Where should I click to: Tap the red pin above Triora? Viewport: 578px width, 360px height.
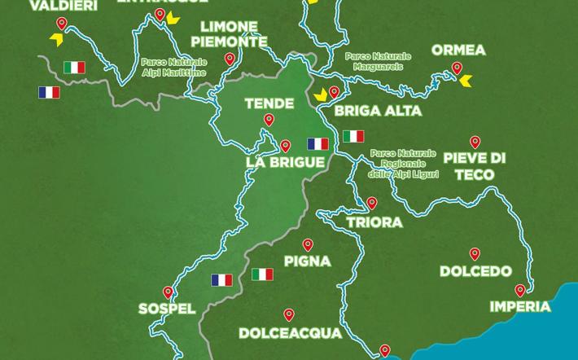[x=372, y=203]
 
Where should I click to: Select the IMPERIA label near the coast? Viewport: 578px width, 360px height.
[x=520, y=307]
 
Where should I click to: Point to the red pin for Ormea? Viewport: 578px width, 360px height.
[x=457, y=68]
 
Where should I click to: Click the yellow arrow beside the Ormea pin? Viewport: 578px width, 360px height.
[x=465, y=81]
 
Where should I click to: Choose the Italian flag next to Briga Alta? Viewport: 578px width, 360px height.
[x=352, y=135]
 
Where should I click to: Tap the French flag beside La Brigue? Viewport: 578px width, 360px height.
[x=317, y=144]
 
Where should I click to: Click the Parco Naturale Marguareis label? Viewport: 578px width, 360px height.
[x=378, y=61]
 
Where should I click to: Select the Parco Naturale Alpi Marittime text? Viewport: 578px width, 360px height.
[x=173, y=67]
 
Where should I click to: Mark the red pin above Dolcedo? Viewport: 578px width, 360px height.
[x=475, y=254]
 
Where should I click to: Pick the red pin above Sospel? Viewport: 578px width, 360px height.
[x=168, y=292]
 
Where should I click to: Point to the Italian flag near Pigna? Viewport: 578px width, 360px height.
[x=262, y=274]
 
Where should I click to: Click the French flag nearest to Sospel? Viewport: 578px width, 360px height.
[x=221, y=280]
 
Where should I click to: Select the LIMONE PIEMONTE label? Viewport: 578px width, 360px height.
[x=234, y=34]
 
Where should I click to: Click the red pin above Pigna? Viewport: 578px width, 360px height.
[x=308, y=244]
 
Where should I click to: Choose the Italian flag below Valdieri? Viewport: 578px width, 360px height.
[x=75, y=67]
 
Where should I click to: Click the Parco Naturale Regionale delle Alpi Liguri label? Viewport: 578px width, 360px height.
[x=403, y=164]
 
